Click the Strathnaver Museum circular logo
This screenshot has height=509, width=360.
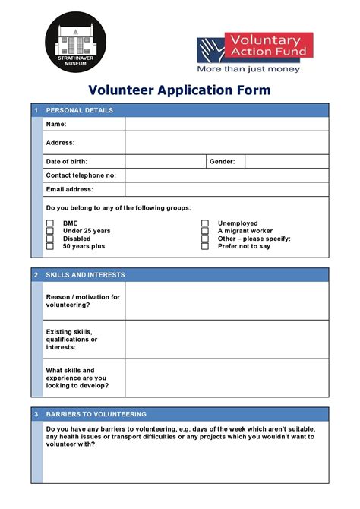[x=75, y=42]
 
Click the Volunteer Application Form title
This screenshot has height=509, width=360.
[x=179, y=90]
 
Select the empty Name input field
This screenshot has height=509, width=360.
[x=226, y=124]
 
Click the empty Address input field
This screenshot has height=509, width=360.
[x=226, y=142]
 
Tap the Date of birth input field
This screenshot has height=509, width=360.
[x=166, y=161]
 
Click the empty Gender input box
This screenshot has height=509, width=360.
[x=286, y=161]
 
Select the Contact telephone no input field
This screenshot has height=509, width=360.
[x=226, y=175]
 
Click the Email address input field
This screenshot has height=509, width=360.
[x=226, y=189]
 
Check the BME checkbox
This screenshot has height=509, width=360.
[x=50, y=223]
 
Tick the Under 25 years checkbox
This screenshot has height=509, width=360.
[x=50, y=231]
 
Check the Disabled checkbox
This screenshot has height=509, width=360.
[x=50, y=239]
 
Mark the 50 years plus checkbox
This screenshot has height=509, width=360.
[x=50, y=246]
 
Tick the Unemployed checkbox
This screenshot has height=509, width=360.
[x=205, y=223]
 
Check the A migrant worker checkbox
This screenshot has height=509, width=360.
[x=205, y=231]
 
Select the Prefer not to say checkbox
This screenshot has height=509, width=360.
[x=205, y=246]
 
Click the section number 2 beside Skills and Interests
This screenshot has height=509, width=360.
[x=36, y=275]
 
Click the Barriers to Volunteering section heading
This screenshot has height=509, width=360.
[x=96, y=414]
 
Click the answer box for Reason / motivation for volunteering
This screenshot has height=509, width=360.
[x=226, y=301]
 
